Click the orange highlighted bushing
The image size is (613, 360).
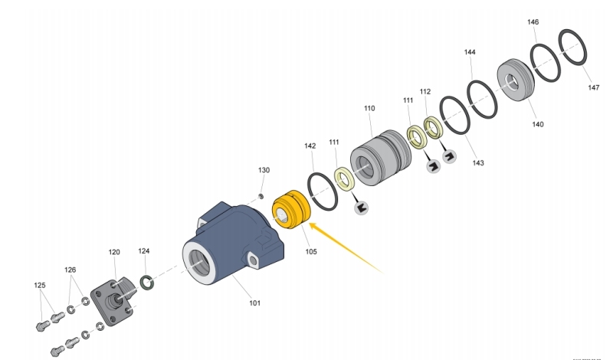[x=291, y=210]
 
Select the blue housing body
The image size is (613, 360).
[x=234, y=243]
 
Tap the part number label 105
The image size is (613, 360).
[x=311, y=252]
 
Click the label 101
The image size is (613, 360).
[x=254, y=303]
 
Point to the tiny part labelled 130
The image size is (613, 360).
[x=261, y=195]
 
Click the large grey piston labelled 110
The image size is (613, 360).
[x=381, y=158]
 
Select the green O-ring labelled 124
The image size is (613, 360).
[x=146, y=283]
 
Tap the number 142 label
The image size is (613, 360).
[x=310, y=146]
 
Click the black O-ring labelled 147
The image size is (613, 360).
[x=572, y=47]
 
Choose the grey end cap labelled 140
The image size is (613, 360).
[x=515, y=80]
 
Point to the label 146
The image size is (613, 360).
[x=533, y=22]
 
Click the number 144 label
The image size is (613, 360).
[x=470, y=52]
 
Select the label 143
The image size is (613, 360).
[x=478, y=162]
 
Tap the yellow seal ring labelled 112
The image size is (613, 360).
[x=433, y=127]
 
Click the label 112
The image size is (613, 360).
[x=425, y=91]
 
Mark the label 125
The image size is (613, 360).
[x=40, y=286]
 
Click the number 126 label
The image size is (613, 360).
[x=70, y=270]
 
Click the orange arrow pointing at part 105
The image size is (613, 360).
[x=346, y=247]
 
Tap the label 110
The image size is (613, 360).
[x=369, y=108]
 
